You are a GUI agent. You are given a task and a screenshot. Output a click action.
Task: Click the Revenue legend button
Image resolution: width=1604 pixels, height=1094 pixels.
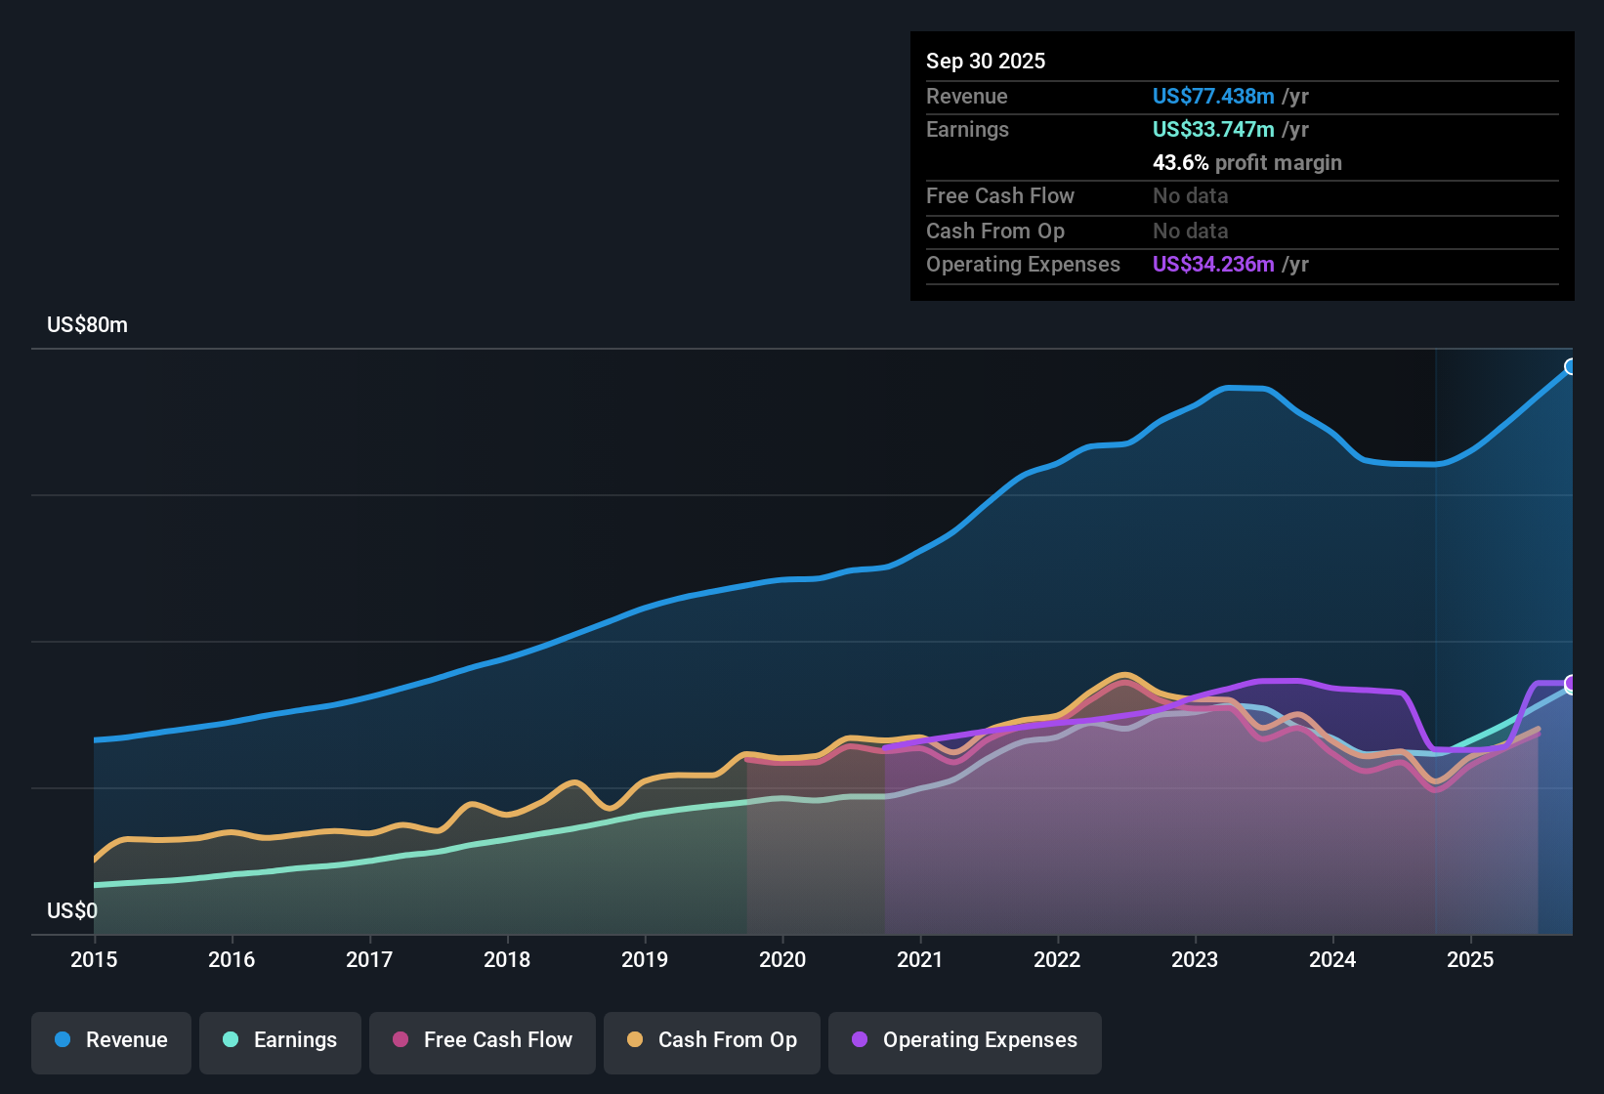111,1042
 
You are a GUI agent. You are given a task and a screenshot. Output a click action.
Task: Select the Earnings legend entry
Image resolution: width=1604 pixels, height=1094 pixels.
280,1042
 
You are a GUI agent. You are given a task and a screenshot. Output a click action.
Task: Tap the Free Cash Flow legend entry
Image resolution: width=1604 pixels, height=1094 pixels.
482,1042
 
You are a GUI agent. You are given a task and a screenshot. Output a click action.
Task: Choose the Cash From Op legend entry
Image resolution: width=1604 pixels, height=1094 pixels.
712,1042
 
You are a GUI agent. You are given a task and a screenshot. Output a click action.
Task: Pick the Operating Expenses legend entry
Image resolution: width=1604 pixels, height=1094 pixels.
964,1042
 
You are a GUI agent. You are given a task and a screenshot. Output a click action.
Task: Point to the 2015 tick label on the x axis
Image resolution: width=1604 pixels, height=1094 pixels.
94,959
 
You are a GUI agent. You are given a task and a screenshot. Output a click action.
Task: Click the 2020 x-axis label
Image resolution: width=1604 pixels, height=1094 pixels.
781,959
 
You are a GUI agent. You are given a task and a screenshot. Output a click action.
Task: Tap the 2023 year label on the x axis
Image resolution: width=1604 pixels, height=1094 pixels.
1195,959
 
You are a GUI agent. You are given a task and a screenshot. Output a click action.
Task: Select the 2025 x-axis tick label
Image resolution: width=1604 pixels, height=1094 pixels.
1470,959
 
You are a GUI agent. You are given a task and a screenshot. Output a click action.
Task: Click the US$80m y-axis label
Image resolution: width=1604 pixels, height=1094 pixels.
87,325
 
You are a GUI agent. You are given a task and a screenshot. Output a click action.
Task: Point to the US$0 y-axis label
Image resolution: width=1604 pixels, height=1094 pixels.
71,910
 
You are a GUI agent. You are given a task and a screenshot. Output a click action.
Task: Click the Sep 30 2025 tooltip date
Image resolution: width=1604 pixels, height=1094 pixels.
986,62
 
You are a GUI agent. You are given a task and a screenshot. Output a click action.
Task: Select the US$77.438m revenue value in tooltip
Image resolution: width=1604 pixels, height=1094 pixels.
1213,96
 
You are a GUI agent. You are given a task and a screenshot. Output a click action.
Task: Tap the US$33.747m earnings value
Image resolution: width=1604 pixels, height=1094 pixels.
1213,130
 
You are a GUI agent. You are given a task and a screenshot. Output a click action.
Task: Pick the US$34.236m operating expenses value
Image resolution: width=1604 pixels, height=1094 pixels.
1213,264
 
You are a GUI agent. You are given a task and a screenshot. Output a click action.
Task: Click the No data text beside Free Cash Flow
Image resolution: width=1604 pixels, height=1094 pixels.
1190,196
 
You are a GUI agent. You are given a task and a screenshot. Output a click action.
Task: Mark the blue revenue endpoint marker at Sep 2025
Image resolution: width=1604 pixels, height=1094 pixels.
1570,366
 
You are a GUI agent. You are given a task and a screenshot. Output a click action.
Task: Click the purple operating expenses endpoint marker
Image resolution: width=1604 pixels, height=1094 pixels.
1570,684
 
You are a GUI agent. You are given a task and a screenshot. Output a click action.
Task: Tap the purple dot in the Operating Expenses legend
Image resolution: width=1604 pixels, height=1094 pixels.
860,1039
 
